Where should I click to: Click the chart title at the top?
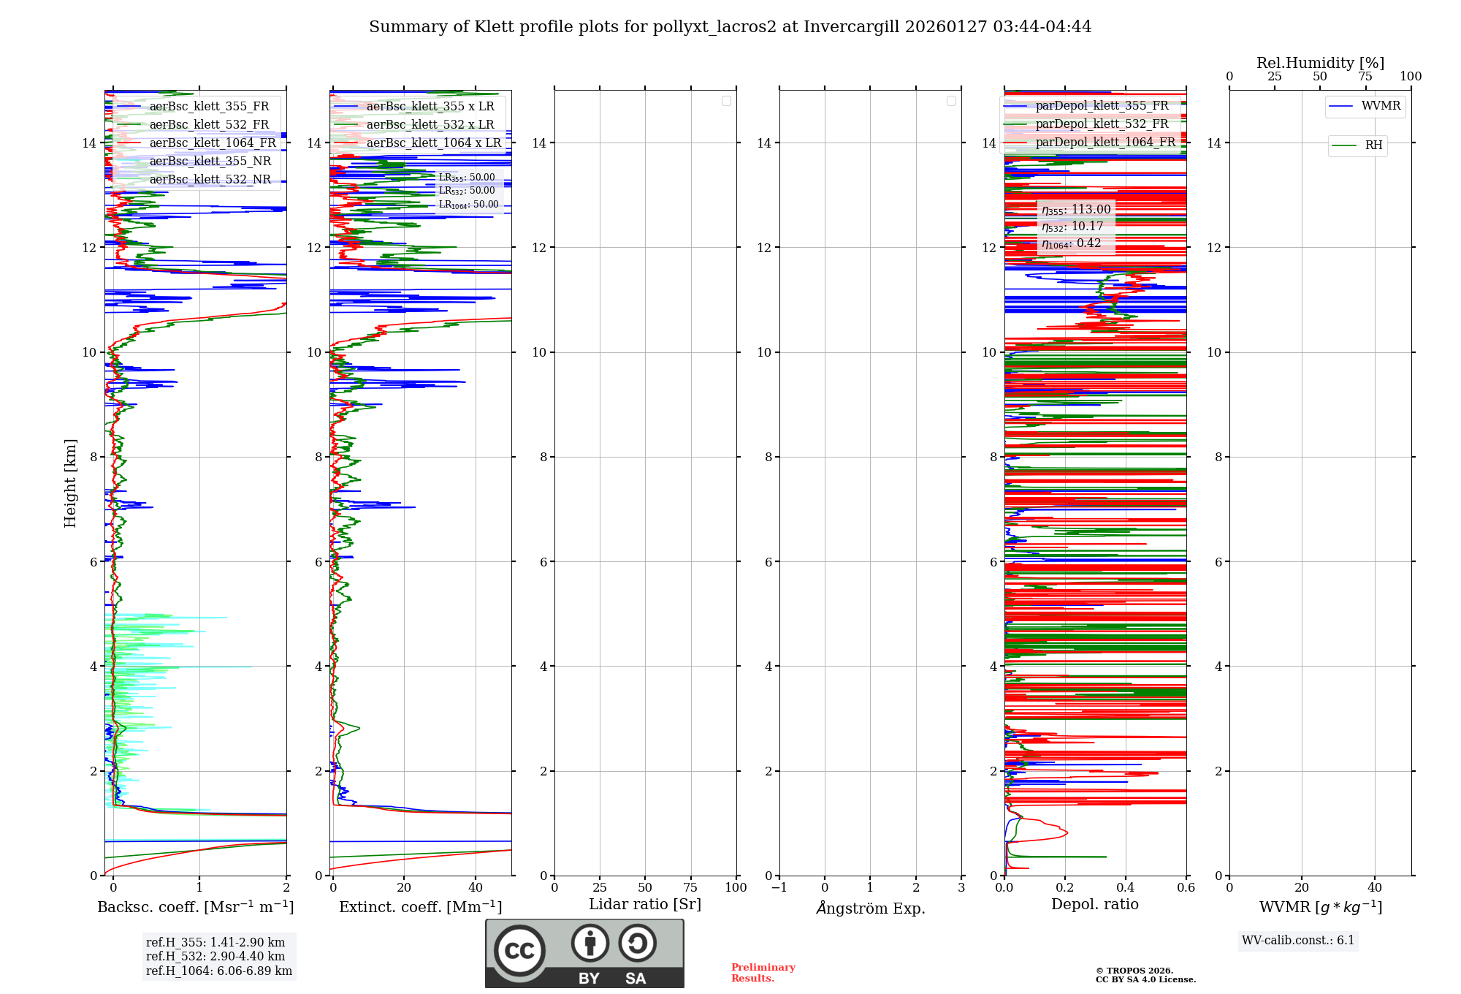point(730,27)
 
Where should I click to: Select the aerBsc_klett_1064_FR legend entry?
point(212,143)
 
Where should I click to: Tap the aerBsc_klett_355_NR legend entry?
point(210,162)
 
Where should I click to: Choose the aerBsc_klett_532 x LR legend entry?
point(430,125)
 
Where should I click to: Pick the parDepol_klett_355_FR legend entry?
point(1102,106)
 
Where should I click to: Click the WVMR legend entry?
point(1380,106)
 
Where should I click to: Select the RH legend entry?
point(1373,145)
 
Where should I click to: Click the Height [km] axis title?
point(70,483)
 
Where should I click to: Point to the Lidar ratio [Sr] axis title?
point(644,905)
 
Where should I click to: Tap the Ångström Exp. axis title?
point(870,908)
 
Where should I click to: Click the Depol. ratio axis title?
point(1094,905)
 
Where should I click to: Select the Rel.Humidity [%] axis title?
point(1320,63)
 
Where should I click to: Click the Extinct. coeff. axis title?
point(420,908)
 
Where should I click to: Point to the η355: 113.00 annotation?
point(1076,210)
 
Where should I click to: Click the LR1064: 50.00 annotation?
point(468,205)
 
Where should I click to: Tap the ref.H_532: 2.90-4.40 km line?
point(215,957)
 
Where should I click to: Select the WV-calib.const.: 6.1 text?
point(1297,941)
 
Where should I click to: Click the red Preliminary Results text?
point(763,973)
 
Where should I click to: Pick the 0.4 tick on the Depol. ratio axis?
point(1126,888)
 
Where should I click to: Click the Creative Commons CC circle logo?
point(519,951)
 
